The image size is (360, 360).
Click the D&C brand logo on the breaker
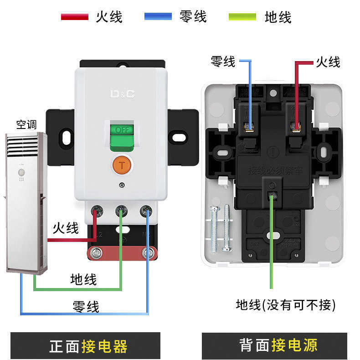coord(122,94)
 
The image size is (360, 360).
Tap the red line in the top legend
coord(74,17)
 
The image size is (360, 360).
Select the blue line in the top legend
coord(158,17)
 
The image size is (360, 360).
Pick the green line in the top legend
coord(242,17)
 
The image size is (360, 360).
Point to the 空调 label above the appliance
coord(26,124)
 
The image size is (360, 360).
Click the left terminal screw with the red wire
coord(97,211)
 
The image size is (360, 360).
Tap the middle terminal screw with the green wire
coord(121,211)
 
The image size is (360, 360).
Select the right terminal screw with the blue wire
coord(146,211)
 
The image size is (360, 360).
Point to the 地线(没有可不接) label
coord(286,304)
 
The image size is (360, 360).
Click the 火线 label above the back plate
coord(328,62)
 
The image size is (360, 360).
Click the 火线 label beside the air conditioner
coord(66,228)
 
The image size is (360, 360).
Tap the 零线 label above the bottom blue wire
coord(86,306)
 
